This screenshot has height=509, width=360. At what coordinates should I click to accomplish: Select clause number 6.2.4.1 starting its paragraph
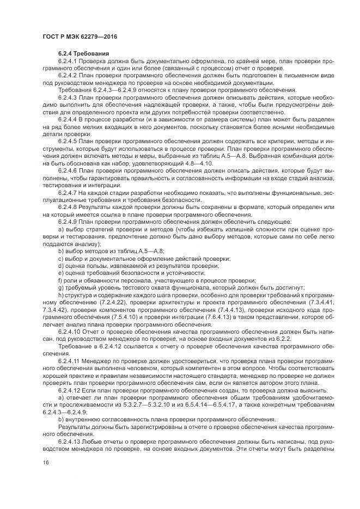pos(68,62)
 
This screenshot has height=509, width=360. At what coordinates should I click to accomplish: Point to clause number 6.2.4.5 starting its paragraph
pos(68,140)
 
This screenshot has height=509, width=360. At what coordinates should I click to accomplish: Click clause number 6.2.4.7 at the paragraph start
pos(68,193)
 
